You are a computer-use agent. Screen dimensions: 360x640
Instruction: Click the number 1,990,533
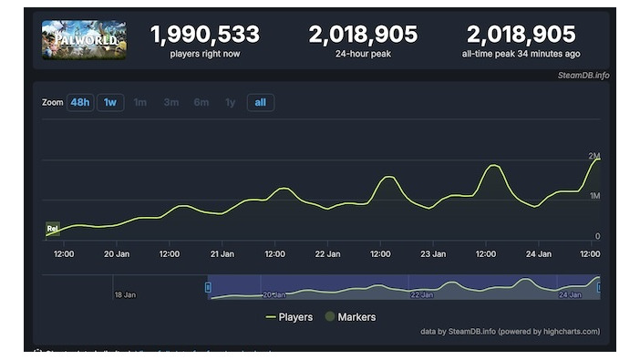(205, 35)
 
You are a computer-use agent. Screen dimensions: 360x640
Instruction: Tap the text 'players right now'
(205, 54)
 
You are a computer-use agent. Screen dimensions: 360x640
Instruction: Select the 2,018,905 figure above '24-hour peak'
(363, 35)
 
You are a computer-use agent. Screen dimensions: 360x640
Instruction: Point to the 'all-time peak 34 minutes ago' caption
(521, 54)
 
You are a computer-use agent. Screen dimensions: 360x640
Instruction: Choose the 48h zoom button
(80, 102)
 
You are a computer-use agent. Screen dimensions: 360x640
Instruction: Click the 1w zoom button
(110, 102)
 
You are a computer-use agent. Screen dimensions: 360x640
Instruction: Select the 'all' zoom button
(260, 102)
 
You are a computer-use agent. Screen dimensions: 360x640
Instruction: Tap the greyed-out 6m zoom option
(201, 102)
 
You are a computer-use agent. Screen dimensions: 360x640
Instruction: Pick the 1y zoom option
(230, 102)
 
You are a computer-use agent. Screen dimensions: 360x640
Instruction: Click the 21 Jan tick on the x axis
(222, 253)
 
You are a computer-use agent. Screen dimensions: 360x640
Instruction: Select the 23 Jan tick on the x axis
(433, 253)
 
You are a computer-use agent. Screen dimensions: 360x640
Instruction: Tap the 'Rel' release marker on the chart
(53, 228)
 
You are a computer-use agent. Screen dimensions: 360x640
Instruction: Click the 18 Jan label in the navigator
(125, 294)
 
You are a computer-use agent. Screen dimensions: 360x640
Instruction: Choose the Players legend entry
(289, 317)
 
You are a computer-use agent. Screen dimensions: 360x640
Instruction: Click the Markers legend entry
(350, 317)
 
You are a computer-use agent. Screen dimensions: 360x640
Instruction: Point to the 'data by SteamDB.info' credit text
(510, 331)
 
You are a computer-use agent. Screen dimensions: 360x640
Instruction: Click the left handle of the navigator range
(208, 287)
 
